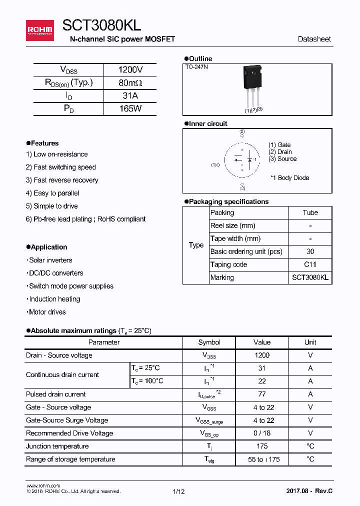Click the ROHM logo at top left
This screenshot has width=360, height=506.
39,30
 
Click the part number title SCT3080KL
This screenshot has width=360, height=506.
101,25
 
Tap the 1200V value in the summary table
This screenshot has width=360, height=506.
130,70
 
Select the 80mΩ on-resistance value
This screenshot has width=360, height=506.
130,83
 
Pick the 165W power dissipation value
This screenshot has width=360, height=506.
130,108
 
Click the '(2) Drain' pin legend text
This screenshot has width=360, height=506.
280,152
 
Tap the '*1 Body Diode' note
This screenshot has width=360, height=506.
289,178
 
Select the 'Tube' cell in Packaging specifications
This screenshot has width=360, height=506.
310,212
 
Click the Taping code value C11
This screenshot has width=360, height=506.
310,264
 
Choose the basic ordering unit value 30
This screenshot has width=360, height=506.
310,251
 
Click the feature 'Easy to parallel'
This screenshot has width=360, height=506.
52,193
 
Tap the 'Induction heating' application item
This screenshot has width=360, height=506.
53,299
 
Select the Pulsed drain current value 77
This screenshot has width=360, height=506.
261,394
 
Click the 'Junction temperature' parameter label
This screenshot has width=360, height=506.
57,446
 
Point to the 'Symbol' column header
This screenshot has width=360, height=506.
209,342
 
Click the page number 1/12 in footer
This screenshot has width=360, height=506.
178,491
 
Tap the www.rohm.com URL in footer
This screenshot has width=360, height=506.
43,485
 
